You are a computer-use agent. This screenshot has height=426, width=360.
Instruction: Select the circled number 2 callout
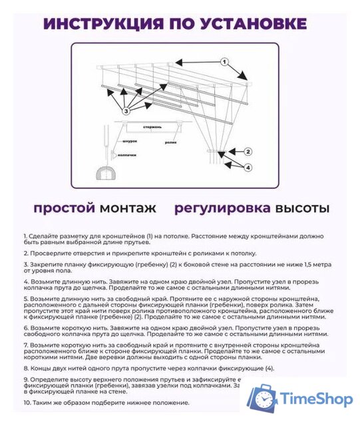point(248,151)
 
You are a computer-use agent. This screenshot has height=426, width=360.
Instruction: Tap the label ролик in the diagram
point(171,140)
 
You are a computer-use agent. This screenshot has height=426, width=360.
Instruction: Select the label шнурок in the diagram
point(130,142)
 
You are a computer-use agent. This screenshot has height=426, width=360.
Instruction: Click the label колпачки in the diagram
point(127,155)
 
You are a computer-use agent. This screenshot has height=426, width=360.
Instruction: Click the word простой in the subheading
point(64,208)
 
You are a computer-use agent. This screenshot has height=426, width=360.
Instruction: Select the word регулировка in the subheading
point(222,208)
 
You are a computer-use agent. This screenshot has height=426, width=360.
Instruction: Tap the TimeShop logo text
point(316,399)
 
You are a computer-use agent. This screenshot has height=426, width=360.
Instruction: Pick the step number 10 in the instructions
point(27,403)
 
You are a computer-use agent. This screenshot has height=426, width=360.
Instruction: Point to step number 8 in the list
point(25,368)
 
